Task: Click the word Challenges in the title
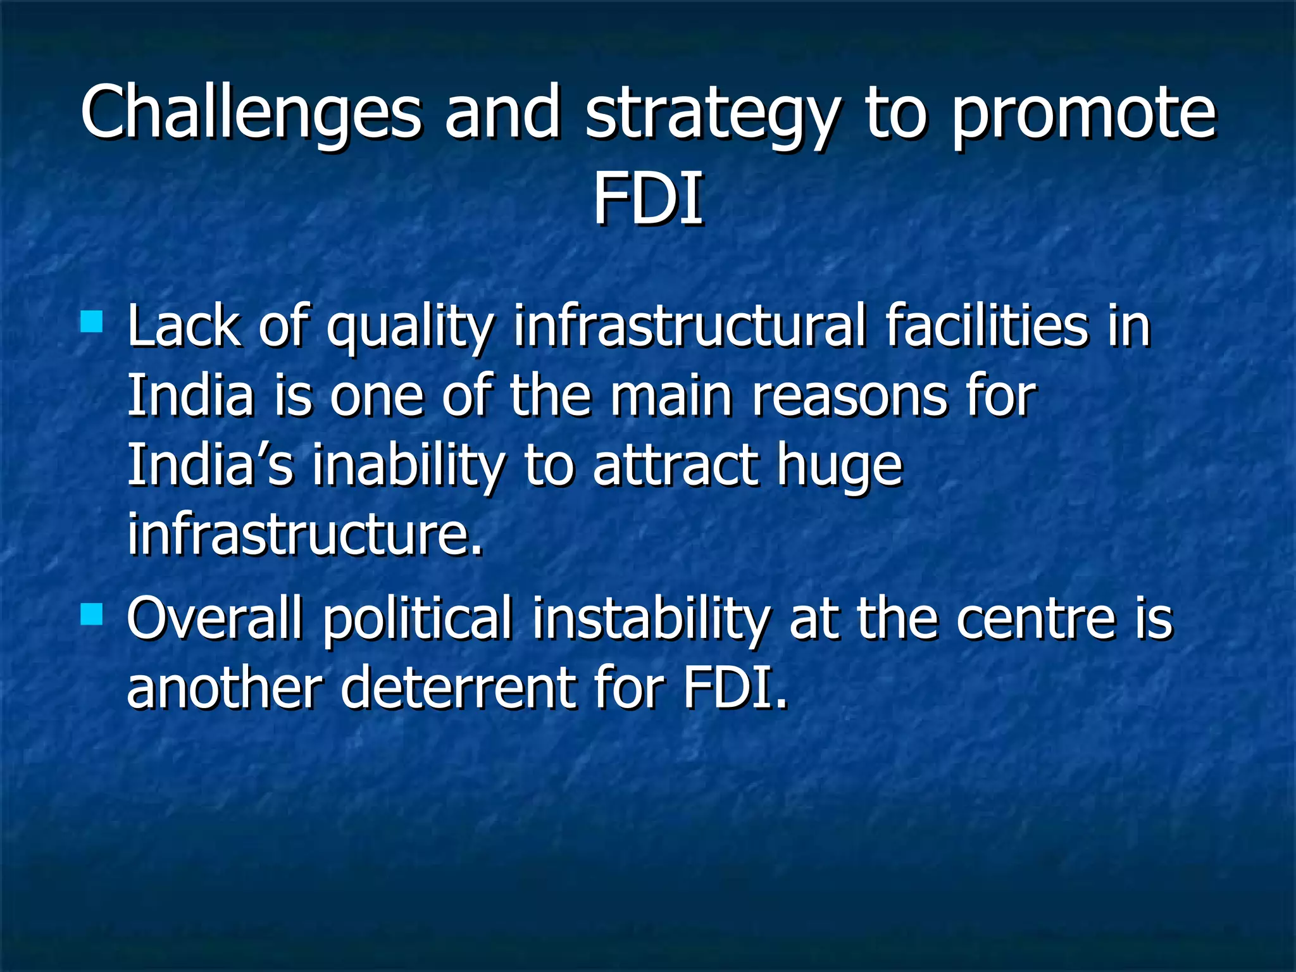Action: coord(251,113)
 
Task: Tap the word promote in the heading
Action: coord(1083,114)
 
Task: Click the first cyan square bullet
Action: coord(92,321)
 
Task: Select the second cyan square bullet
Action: coord(92,614)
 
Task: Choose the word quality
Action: coord(409,329)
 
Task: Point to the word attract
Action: coord(675,466)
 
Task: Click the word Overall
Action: coord(214,619)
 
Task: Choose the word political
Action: coord(418,620)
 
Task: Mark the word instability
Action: coord(651,620)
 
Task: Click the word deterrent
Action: coord(458,688)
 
